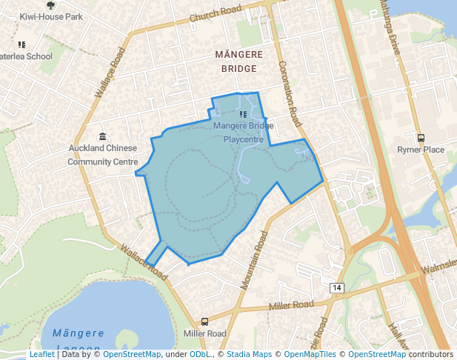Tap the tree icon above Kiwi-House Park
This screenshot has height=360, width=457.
(x=50, y=4)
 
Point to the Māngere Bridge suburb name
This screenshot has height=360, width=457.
(x=236, y=61)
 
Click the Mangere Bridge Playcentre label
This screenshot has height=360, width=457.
(x=243, y=131)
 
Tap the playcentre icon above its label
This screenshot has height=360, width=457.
(x=242, y=114)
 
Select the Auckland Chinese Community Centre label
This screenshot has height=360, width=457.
(x=103, y=154)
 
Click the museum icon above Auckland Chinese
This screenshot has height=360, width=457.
(x=102, y=136)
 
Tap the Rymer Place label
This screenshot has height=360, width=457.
(x=421, y=150)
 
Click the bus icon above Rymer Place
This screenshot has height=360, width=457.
(x=421, y=138)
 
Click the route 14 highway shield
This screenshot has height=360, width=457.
(x=336, y=287)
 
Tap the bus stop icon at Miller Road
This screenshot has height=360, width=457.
(x=204, y=321)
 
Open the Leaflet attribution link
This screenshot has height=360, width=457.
(x=41, y=355)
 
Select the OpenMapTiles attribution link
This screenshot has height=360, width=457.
(x=310, y=355)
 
